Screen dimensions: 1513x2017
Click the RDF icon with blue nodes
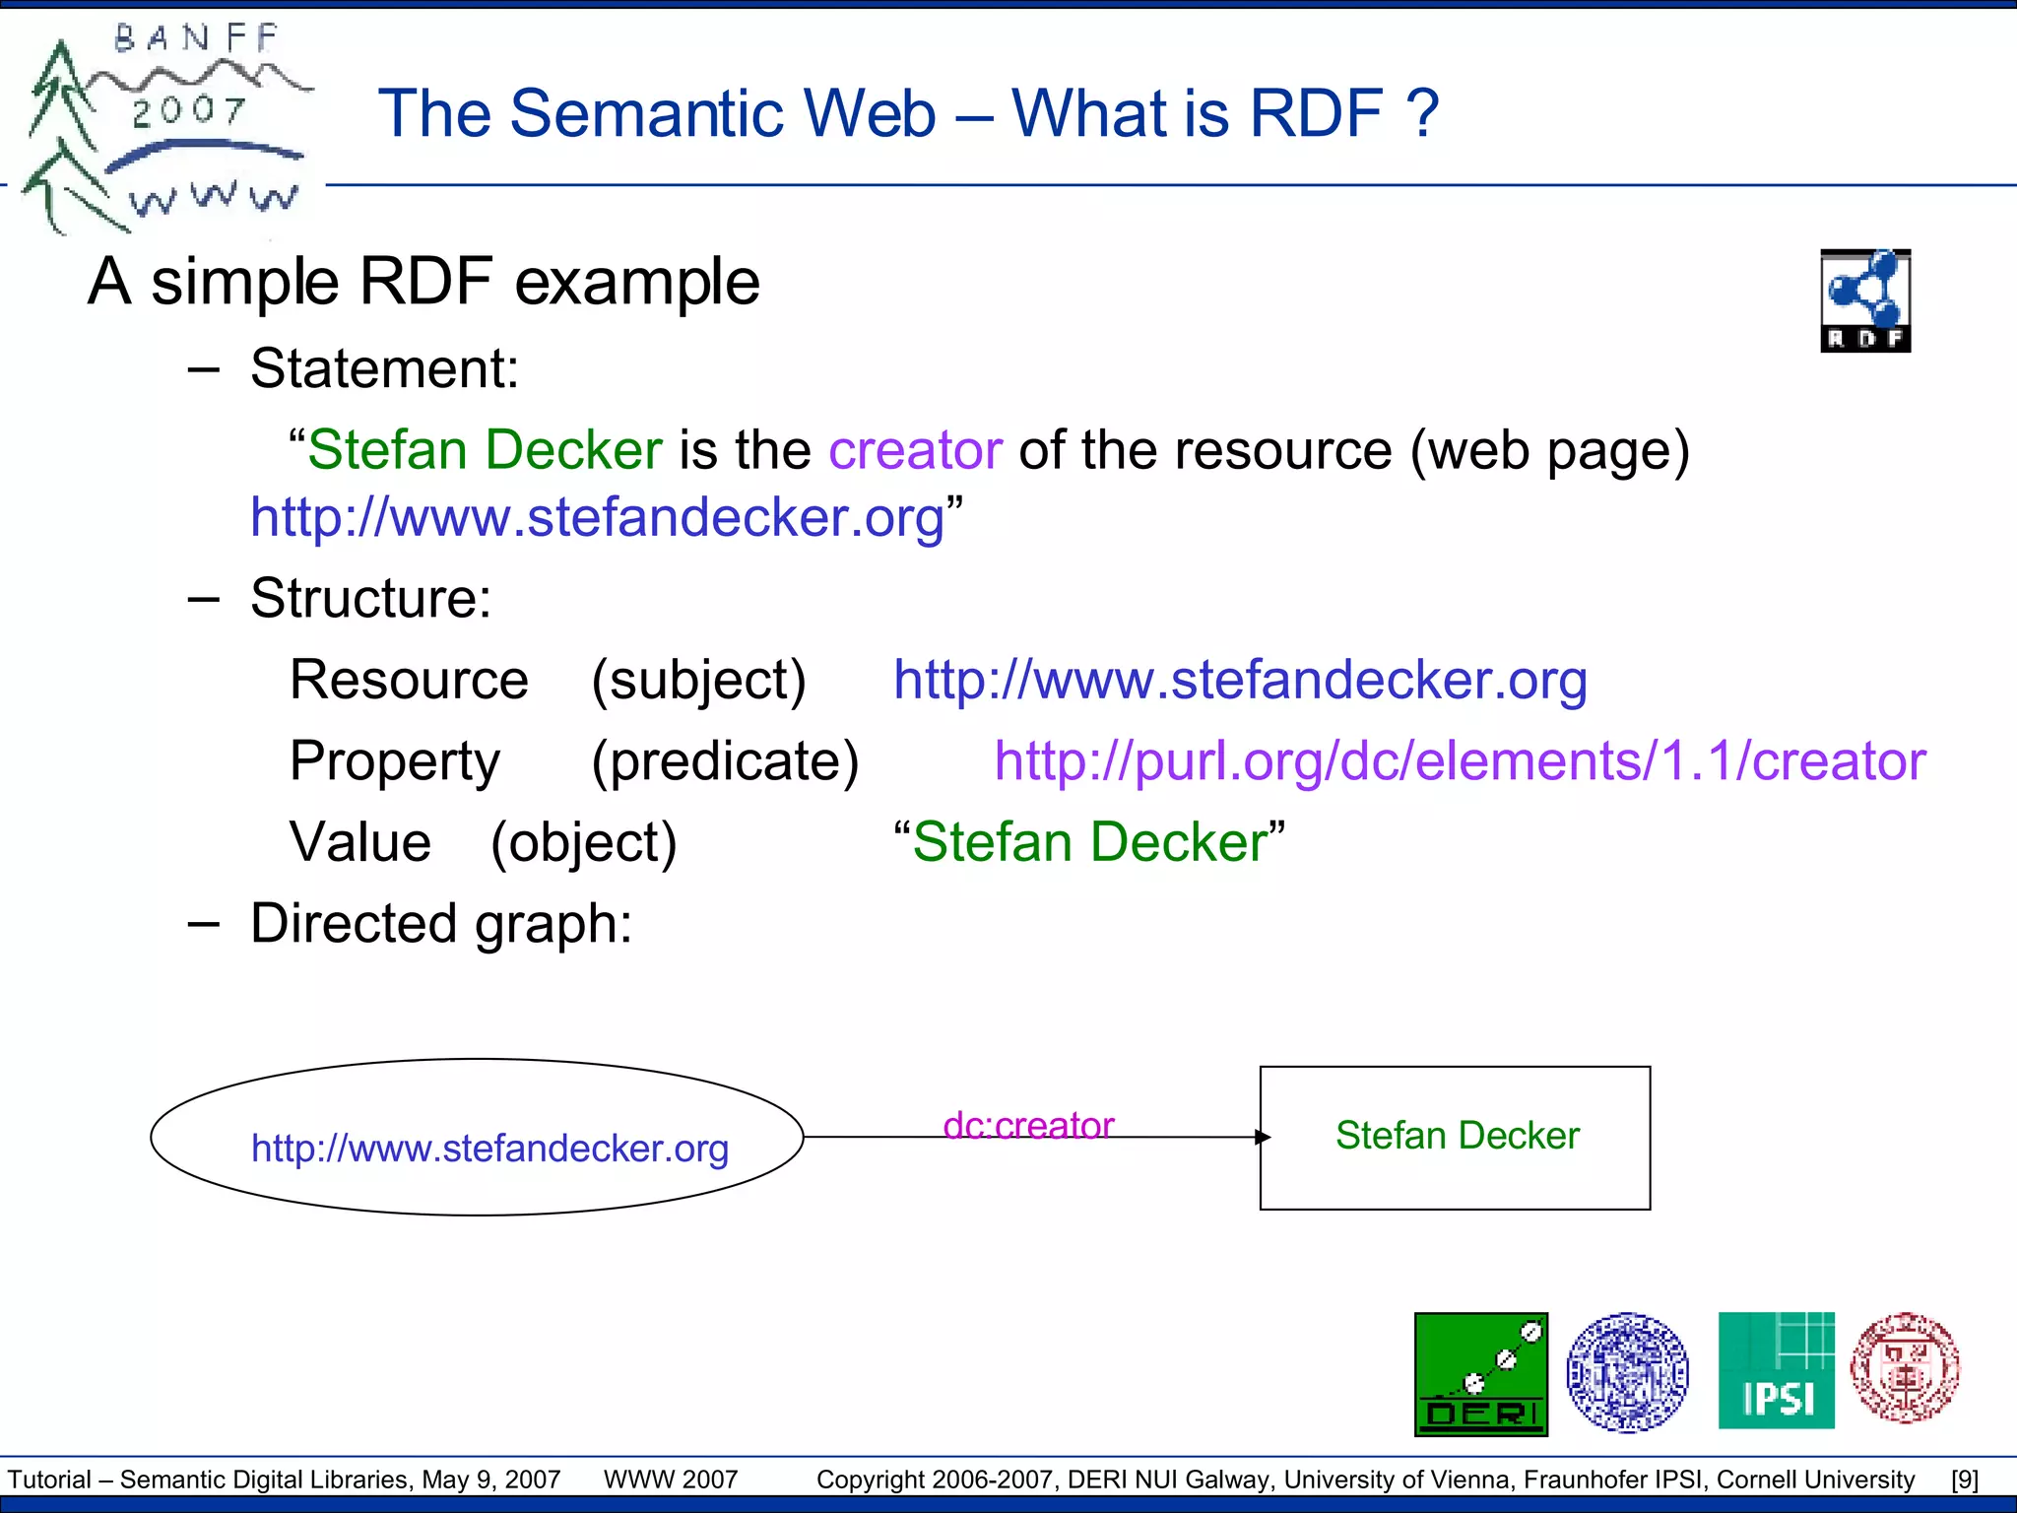pyautogui.click(x=1864, y=300)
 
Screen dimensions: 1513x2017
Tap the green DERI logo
pyautogui.click(x=1480, y=1374)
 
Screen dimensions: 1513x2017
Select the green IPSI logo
pyautogui.click(x=1776, y=1370)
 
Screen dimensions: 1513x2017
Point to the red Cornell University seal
pyautogui.click(x=1905, y=1368)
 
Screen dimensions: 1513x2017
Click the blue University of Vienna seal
pyautogui.click(x=1627, y=1371)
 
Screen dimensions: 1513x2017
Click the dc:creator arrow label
pyautogui.click(x=1027, y=1125)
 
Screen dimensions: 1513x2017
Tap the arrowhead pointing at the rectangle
pyautogui.click(x=1263, y=1137)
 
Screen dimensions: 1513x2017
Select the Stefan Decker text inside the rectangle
pyautogui.click(x=1457, y=1135)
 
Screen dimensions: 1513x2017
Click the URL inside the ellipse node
pyautogui.click(x=489, y=1148)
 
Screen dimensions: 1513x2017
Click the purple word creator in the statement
pyautogui.click(x=915, y=450)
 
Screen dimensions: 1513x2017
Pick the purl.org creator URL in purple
pyautogui.click(x=1459, y=760)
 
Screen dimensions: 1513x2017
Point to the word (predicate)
pyautogui.click(x=725, y=760)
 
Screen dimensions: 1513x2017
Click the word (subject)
pyautogui.click(x=698, y=680)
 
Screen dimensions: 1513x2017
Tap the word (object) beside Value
pyautogui.click(x=583, y=842)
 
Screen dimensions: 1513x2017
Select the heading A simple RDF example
pyautogui.click(x=423, y=282)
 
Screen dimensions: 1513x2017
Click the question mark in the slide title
pyautogui.click(x=1422, y=112)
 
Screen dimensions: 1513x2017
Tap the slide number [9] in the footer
pyautogui.click(x=1964, y=1480)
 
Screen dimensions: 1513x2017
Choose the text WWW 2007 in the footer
pyautogui.click(x=670, y=1480)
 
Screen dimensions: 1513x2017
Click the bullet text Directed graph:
pyautogui.click(x=440, y=924)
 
